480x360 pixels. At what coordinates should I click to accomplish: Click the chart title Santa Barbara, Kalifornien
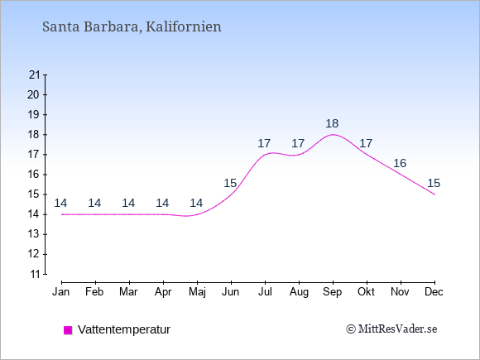pos(132,26)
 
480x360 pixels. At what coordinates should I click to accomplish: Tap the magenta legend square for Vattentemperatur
pos(68,330)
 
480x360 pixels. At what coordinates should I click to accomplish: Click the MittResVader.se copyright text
pos(391,329)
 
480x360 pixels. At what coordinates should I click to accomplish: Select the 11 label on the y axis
pos(35,274)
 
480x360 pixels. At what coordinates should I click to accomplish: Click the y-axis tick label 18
pos(34,135)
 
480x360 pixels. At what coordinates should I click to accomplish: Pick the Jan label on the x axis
pos(61,292)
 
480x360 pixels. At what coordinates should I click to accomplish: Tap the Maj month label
pos(197,292)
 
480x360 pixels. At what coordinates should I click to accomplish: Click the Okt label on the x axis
pos(366,292)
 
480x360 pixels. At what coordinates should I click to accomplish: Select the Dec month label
pos(434,292)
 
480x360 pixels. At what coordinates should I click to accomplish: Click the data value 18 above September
pos(332,123)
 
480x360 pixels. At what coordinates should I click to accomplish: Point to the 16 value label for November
pos(400,163)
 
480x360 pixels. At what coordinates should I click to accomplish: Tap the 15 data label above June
pos(230,183)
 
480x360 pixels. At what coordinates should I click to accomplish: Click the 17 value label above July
pos(264,143)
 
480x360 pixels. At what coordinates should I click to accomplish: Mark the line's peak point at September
pos(333,134)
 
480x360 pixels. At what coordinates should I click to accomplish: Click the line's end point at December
pos(434,194)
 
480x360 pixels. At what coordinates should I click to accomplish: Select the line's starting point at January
pos(62,214)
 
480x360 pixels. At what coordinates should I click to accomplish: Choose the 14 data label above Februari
pos(94,203)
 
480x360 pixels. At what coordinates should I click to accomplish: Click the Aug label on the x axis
pos(299,292)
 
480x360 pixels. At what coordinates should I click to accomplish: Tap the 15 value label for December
pos(434,183)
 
